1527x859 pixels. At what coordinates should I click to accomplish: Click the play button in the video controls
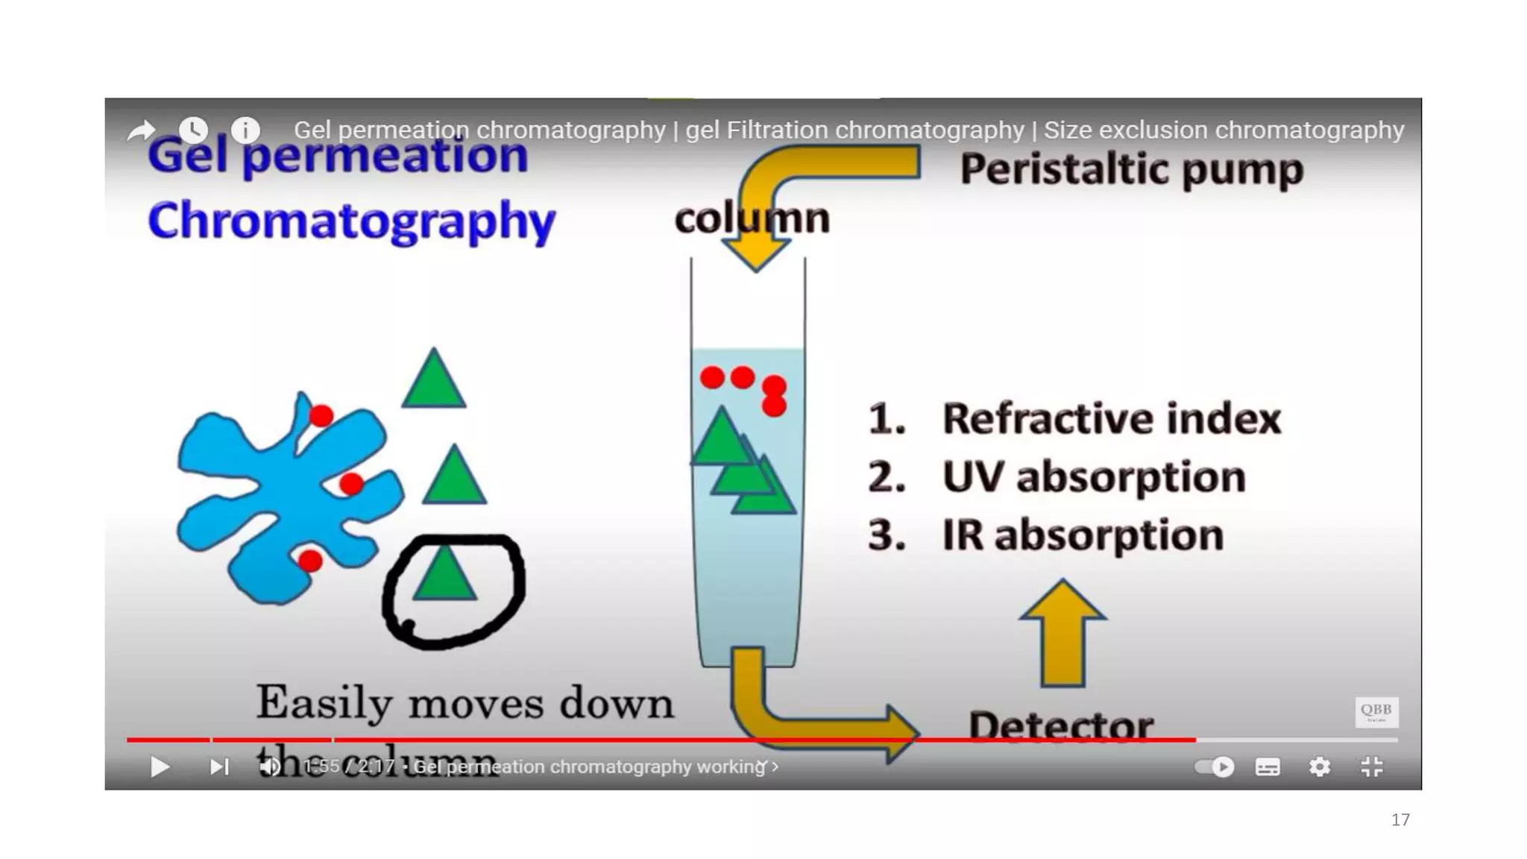click(x=160, y=767)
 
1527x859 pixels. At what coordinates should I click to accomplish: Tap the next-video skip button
click(x=219, y=767)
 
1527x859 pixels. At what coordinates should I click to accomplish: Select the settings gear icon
click(x=1320, y=767)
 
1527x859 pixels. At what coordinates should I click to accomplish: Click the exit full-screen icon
click(x=1372, y=767)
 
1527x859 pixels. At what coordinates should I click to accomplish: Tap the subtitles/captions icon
click(x=1268, y=767)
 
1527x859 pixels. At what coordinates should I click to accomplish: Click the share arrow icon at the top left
click(x=141, y=131)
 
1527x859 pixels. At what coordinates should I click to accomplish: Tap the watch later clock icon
click(x=193, y=130)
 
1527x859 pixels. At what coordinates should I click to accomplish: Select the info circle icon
click(x=245, y=130)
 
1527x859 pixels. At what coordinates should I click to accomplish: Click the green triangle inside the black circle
click(x=444, y=576)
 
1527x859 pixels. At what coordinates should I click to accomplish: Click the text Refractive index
click(x=1111, y=418)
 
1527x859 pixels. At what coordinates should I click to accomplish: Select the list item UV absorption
click(x=1093, y=476)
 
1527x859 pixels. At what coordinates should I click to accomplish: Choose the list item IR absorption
click(x=1082, y=535)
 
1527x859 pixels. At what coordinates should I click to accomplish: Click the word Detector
click(x=1060, y=725)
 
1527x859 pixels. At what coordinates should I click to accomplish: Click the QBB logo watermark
click(x=1376, y=711)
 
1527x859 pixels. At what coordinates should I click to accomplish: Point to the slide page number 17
click(x=1400, y=820)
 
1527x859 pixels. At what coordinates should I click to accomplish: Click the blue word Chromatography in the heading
click(x=351, y=221)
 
